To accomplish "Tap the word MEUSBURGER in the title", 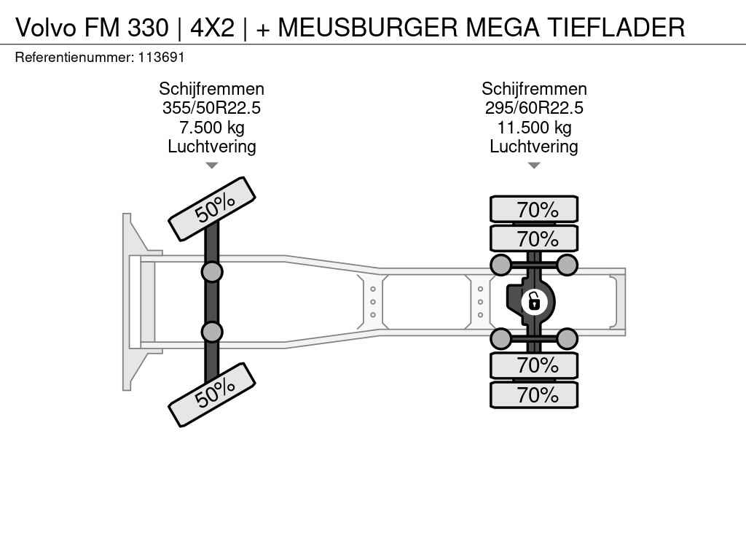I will coord(368,27).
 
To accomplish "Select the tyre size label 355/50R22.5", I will coord(211,108).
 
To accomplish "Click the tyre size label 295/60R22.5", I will coord(534,108).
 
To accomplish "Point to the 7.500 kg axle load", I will coord(211,128).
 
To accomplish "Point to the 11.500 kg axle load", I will coord(534,128).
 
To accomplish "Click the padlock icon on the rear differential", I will coord(534,300).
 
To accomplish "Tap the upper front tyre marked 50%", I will coord(212,209).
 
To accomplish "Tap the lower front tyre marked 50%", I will coord(212,394).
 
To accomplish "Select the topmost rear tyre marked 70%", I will coord(534,209).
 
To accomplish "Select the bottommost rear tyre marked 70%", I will coord(534,395).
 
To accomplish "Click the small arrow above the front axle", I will coord(211,166).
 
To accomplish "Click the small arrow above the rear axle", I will coord(534,166).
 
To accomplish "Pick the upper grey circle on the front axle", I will coord(211,272).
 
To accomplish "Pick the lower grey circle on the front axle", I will coord(211,332).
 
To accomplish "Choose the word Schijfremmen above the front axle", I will coord(211,89).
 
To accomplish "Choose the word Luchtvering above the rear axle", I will coord(534,147).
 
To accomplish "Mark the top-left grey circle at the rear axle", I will coord(500,264).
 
